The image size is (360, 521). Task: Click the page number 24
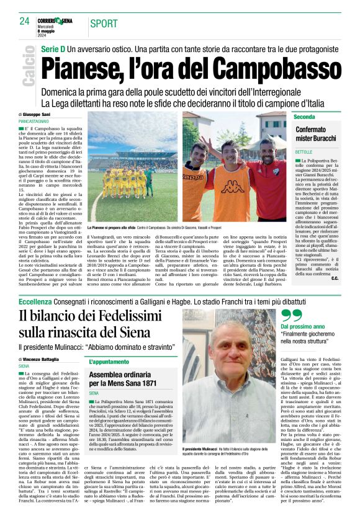click(x=25, y=21)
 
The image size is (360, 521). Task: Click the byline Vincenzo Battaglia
click(x=44, y=359)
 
